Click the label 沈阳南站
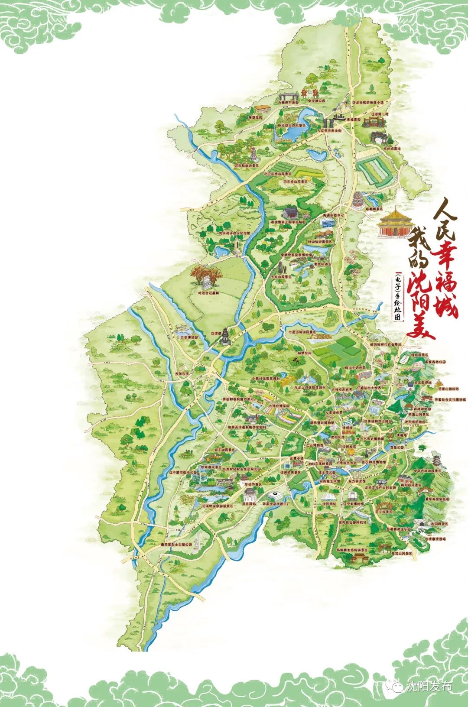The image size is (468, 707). [x=329, y=504]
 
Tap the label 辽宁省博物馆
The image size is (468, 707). [x=353, y=504]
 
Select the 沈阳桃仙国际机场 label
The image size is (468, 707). [x=351, y=522]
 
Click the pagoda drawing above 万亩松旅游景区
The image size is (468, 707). [x=253, y=155]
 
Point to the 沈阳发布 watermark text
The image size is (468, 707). [x=429, y=686]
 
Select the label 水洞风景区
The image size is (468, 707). [x=439, y=524]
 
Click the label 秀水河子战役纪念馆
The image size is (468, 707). [x=234, y=233]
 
